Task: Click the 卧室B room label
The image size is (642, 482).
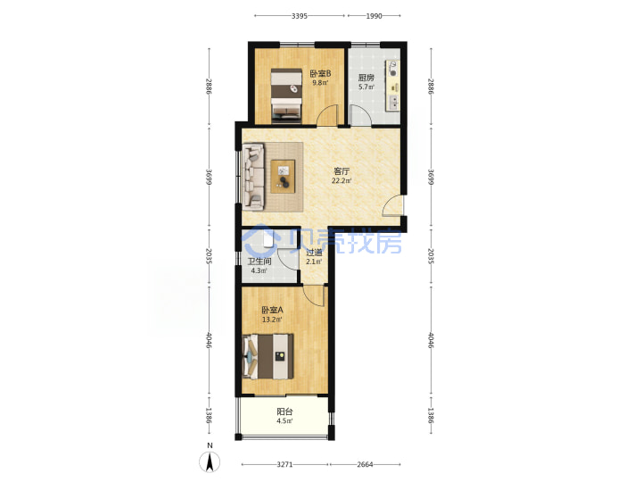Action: click(x=320, y=74)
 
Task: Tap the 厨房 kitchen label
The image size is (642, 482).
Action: click(x=366, y=78)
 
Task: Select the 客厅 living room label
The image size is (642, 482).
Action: click(x=342, y=171)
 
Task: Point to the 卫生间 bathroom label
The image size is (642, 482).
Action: click(x=259, y=262)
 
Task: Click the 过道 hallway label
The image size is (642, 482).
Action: click(x=314, y=253)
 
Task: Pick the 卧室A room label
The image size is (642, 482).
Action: click(x=272, y=311)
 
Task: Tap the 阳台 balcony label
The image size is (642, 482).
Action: click(x=284, y=411)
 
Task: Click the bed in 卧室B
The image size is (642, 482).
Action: click(x=286, y=96)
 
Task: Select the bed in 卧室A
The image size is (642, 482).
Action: click(x=268, y=356)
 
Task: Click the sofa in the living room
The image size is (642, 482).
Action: click(x=253, y=177)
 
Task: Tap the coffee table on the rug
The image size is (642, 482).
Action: click(x=283, y=177)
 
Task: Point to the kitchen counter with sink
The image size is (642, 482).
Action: click(x=392, y=86)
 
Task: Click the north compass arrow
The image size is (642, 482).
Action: click(x=210, y=462)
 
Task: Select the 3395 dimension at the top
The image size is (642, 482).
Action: click(x=300, y=16)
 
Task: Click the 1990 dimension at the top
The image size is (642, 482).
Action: click(x=374, y=16)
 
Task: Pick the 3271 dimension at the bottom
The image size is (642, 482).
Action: click(x=285, y=464)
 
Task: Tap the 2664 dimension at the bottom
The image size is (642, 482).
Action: click(x=366, y=464)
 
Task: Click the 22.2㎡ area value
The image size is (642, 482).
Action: click(x=342, y=180)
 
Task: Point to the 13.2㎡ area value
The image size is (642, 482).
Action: click(x=272, y=320)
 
